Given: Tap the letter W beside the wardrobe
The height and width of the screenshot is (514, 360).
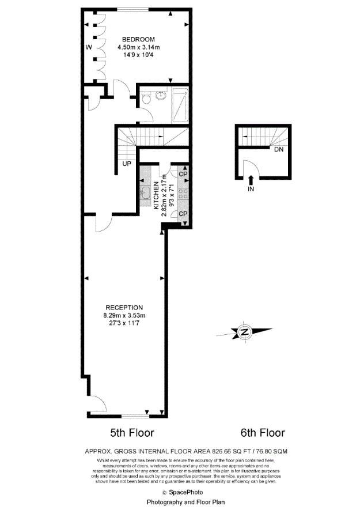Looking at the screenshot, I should click(x=89, y=47).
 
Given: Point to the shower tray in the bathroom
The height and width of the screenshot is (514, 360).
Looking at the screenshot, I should click(x=179, y=105).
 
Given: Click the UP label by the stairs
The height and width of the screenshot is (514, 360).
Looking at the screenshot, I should click(x=126, y=163).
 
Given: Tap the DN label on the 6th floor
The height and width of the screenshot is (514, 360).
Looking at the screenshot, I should click(x=279, y=150).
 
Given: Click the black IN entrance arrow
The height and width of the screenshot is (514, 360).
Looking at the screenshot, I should click(x=251, y=181).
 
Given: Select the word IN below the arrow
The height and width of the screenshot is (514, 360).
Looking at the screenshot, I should click(x=251, y=188).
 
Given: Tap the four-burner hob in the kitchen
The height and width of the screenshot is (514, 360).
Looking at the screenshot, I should click(x=184, y=193).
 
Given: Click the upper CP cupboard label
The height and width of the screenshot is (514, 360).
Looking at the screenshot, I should click(x=183, y=174).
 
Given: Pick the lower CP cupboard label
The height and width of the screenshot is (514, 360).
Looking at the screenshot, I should click(x=183, y=214).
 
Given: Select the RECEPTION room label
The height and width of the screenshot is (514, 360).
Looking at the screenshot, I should click(x=124, y=308).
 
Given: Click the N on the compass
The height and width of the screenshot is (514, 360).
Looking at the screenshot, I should click(x=245, y=332).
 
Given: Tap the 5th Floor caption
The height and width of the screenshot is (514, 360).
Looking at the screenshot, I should click(x=132, y=432).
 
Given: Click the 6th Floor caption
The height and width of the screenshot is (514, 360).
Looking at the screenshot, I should click(x=262, y=432).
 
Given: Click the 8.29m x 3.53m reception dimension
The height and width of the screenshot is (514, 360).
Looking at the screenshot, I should click(x=124, y=316).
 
